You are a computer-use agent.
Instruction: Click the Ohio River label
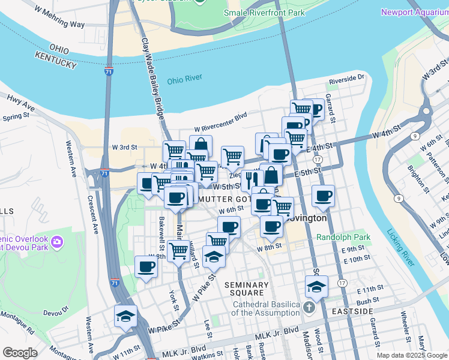[x=185, y=79]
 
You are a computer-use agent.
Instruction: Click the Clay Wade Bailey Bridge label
[x=152, y=78]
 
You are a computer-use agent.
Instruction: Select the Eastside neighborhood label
[x=355, y=311]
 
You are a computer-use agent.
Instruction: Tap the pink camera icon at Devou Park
[x=57, y=242]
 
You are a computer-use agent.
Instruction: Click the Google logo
[x=20, y=353]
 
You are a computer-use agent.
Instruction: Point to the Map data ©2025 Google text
[x=411, y=355]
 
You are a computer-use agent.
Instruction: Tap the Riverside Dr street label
[x=347, y=79]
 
